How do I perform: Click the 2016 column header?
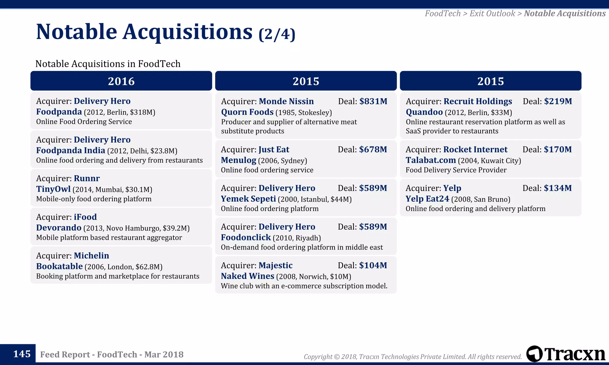[x=121, y=81]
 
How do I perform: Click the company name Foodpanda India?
[x=70, y=151]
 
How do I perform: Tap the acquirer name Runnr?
[x=87, y=178]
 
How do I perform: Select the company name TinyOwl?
[x=53, y=189]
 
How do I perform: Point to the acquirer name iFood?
[x=85, y=217]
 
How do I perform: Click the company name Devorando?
[x=59, y=228]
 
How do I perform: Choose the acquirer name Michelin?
[x=91, y=256]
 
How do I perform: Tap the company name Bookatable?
[x=59, y=266]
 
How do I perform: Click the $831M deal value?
[x=373, y=101]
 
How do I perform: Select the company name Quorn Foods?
[x=247, y=112]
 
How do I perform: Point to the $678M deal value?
[x=373, y=149]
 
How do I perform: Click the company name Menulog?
[x=238, y=160]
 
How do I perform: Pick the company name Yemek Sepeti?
[x=248, y=199]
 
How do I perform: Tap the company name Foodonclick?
[x=246, y=237]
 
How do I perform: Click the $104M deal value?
[x=373, y=265]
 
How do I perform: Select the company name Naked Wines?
[x=247, y=276]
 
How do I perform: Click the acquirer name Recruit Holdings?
[x=478, y=101]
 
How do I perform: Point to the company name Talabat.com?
[x=431, y=160]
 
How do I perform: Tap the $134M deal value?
[x=558, y=188]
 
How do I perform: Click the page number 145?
[x=22, y=354]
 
